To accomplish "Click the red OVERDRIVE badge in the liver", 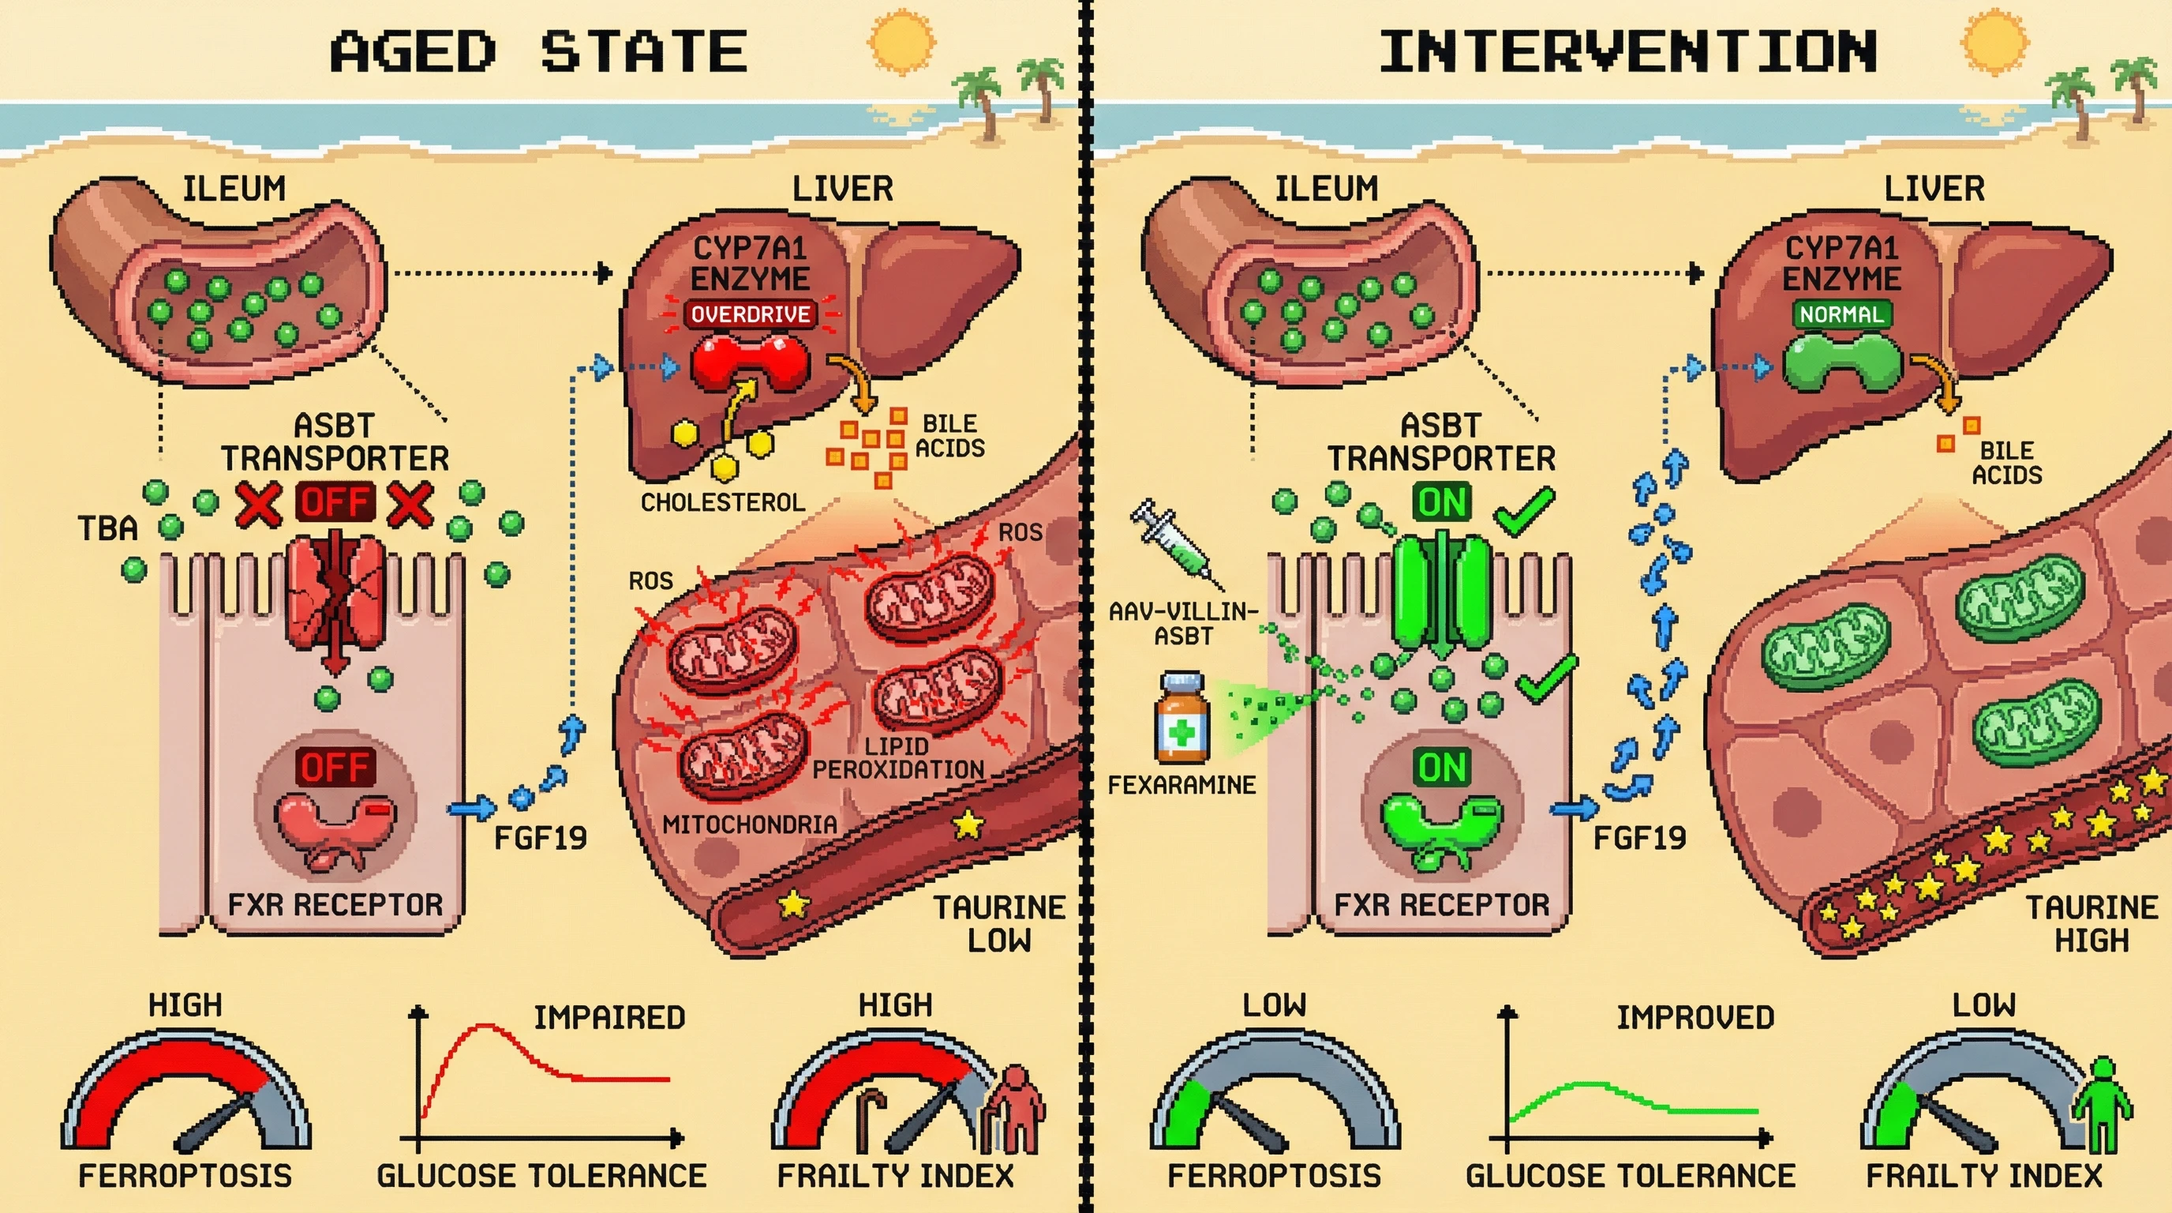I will [750, 314].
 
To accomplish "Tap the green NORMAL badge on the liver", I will [1841, 314].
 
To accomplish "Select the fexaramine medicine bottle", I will [1182, 719].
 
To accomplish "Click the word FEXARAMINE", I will [1181, 785].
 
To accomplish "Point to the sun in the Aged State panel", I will [901, 41].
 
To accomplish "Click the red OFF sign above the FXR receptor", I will [335, 767].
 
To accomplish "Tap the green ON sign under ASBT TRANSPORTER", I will [1442, 503].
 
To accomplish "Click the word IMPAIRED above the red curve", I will [609, 1018].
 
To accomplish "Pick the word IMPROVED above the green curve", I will [1695, 1018].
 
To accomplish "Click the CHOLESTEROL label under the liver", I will [723, 503].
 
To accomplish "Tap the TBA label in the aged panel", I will [107, 529].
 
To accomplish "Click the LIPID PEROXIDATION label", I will [897, 758].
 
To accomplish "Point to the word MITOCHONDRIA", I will [750, 824].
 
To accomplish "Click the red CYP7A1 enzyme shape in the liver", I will [750, 363].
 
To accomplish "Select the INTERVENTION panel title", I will [1627, 51].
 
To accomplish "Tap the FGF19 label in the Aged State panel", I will [540, 839].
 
